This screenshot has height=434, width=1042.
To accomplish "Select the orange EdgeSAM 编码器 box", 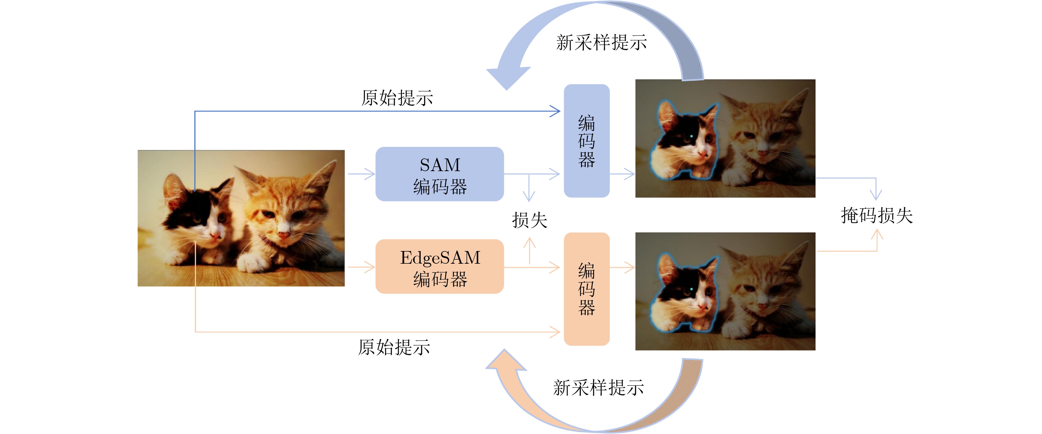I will pyautogui.click(x=439, y=266).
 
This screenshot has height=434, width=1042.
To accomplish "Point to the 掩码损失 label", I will pyautogui.click(x=877, y=215).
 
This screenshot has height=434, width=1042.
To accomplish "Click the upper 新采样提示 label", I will pyautogui.click(x=601, y=42).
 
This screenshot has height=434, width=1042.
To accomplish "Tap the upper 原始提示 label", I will pyautogui.click(x=397, y=98).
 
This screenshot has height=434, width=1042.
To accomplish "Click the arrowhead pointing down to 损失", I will pyautogui.click(x=529, y=197).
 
